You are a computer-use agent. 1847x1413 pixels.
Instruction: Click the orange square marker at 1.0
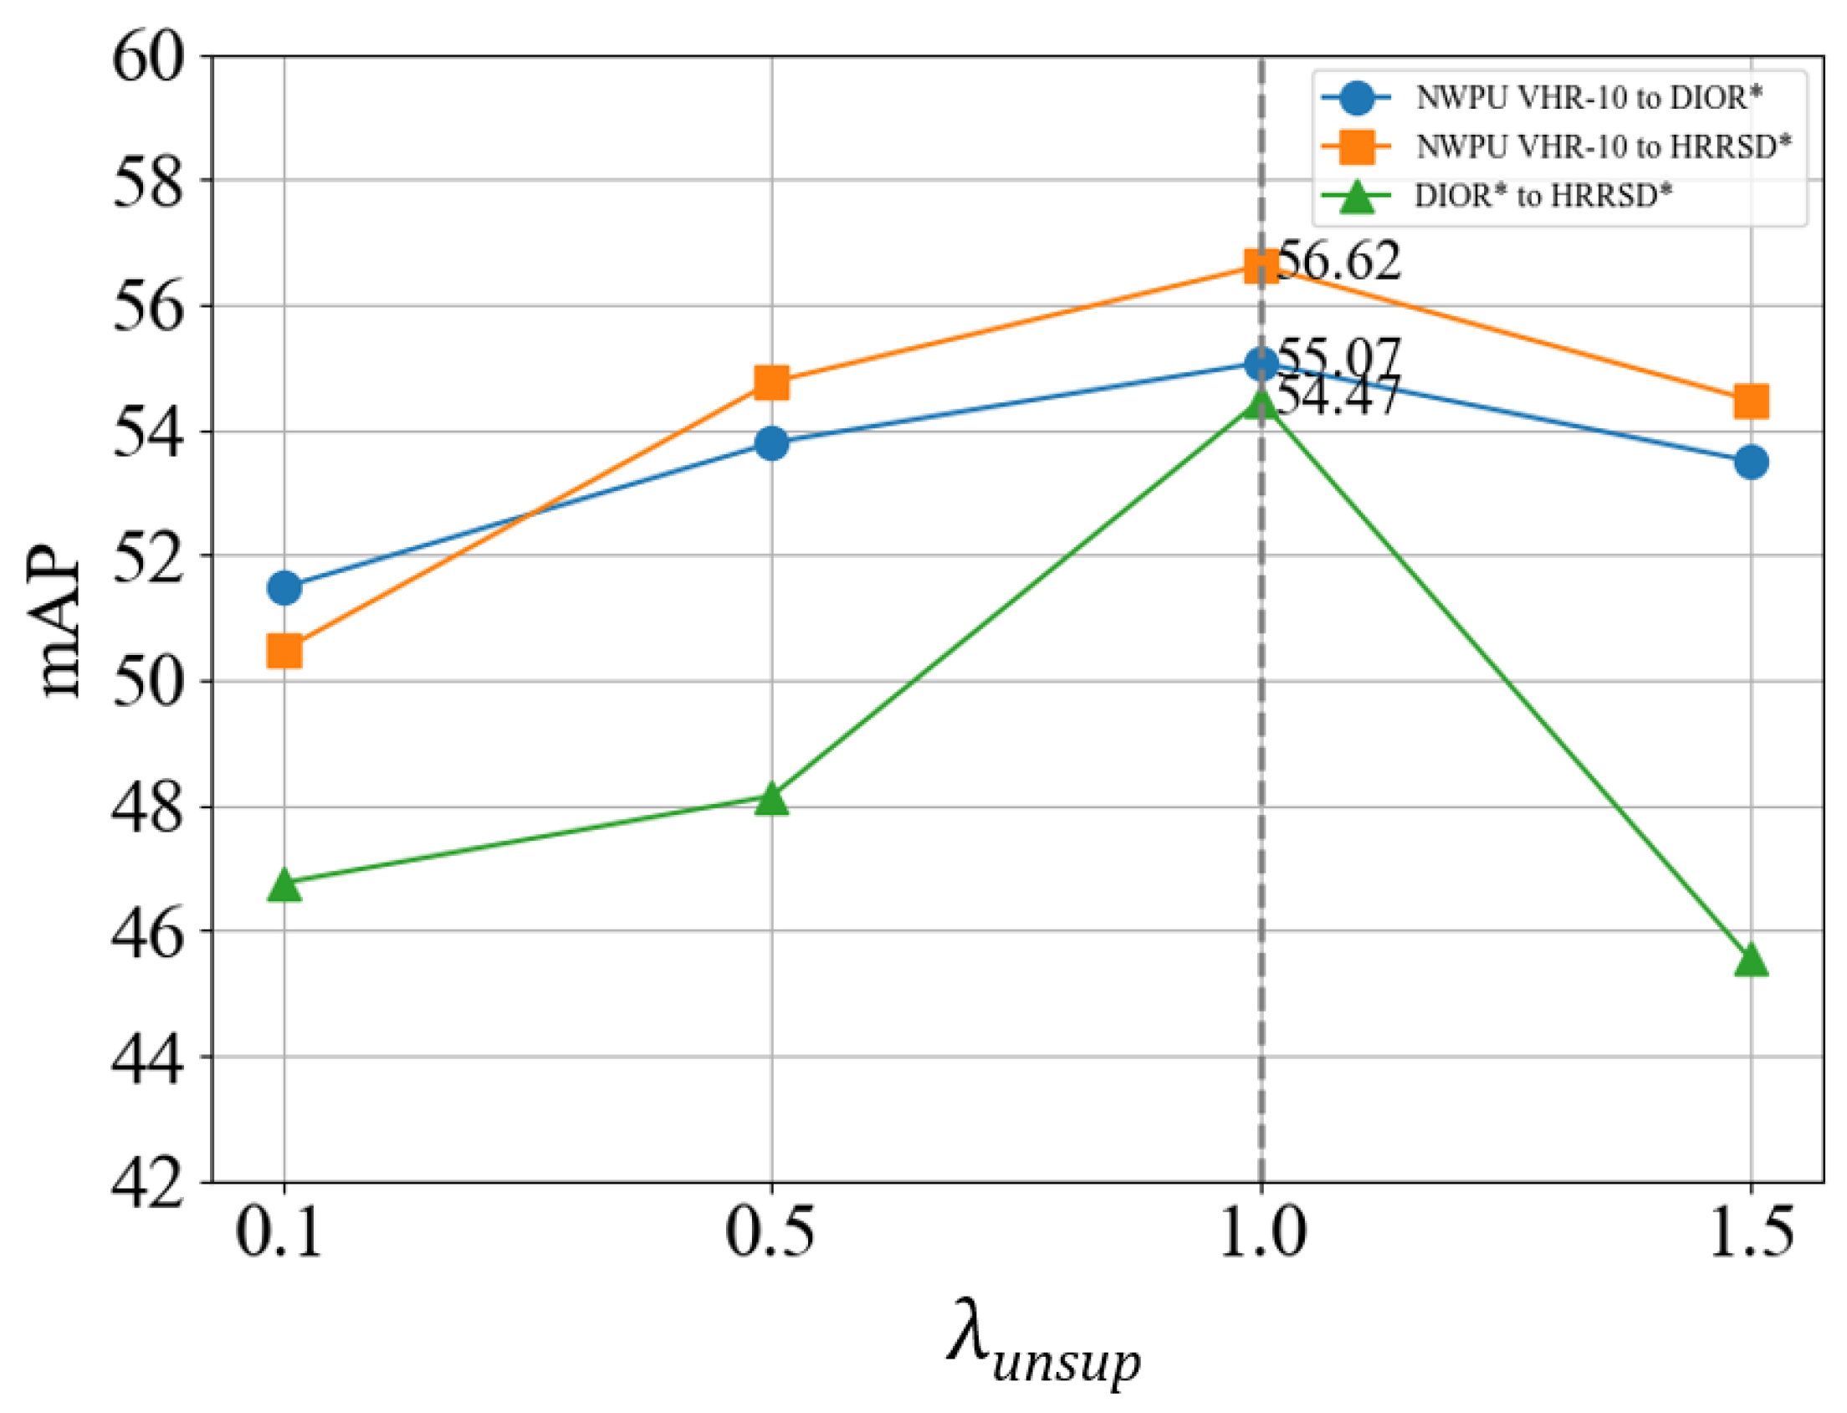[x=1261, y=266]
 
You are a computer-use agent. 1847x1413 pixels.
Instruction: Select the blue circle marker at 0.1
[x=284, y=587]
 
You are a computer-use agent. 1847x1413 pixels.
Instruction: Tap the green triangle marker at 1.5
[x=1751, y=960]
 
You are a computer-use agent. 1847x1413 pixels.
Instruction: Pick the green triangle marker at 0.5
[x=771, y=799]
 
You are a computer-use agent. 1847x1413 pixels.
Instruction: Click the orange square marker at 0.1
[x=284, y=650]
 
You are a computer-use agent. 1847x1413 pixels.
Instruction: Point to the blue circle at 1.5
[x=1751, y=462]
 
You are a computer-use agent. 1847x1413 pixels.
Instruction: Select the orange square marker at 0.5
[x=771, y=382]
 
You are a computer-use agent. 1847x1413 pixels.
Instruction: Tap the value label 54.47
[x=1338, y=396]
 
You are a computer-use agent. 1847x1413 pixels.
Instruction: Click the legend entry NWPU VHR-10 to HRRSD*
[x=1603, y=147]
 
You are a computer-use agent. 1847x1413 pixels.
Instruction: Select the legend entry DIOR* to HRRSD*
[x=1543, y=195]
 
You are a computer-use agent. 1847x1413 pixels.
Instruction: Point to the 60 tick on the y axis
[x=147, y=59]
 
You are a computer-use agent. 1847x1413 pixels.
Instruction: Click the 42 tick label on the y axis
[x=147, y=1185]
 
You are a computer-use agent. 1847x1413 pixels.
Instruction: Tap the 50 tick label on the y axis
[x=147, y=682]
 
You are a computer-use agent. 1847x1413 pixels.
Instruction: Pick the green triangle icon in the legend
[x=1357, y=197]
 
